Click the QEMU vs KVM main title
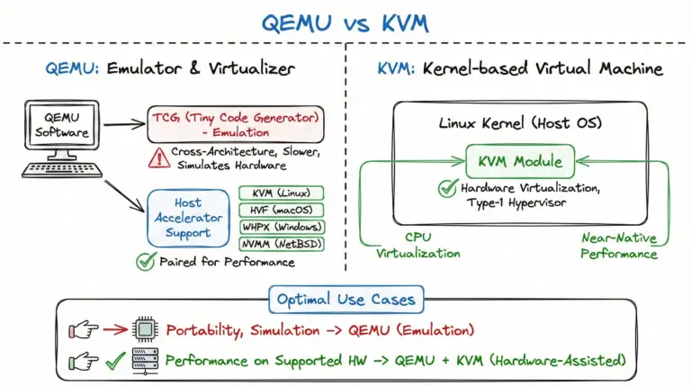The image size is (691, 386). pos(345,22)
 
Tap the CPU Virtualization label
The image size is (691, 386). pos(416,247)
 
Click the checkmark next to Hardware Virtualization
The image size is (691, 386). pos(446,189)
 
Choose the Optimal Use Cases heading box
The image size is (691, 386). pos(345,299)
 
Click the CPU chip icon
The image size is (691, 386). pos(145,330)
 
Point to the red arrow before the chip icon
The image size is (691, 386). pos(113,330)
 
